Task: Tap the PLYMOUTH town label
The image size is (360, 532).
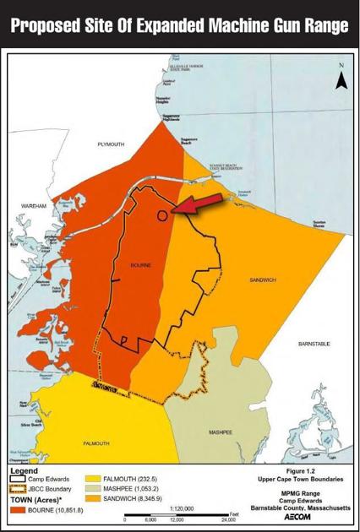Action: [111, 144]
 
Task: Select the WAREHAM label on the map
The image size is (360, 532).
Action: [33, 206]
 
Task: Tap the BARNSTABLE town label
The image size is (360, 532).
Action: [314, 344]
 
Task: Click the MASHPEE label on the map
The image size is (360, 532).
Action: [221, 432]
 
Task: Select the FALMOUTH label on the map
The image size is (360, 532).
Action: [95, 443]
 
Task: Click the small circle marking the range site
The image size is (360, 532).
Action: [161, 214]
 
